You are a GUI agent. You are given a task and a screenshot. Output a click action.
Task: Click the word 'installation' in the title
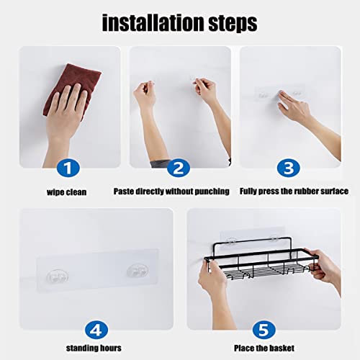(153, 23)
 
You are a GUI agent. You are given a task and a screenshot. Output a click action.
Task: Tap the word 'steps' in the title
(233, 24)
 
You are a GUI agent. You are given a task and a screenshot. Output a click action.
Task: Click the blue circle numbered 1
(68, 168)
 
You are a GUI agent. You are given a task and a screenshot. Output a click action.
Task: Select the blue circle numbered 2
(179, 168)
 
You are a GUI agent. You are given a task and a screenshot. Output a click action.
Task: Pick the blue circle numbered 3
(289, 168)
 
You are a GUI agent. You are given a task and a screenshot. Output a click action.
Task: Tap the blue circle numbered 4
(96, 330)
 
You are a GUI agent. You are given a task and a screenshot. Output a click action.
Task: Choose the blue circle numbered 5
(264, 330)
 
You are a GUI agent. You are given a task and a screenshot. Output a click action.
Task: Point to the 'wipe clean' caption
(66, 192)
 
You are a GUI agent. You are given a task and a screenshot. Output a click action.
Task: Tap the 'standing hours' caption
(94, 348)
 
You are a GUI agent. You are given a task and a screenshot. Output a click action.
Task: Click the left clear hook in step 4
(57, 276)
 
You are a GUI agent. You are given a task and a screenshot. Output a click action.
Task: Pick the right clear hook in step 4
(138, 271)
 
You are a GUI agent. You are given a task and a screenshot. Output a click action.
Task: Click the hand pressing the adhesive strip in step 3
(294, 107)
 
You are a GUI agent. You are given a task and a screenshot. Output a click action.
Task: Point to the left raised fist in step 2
(145, 94)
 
